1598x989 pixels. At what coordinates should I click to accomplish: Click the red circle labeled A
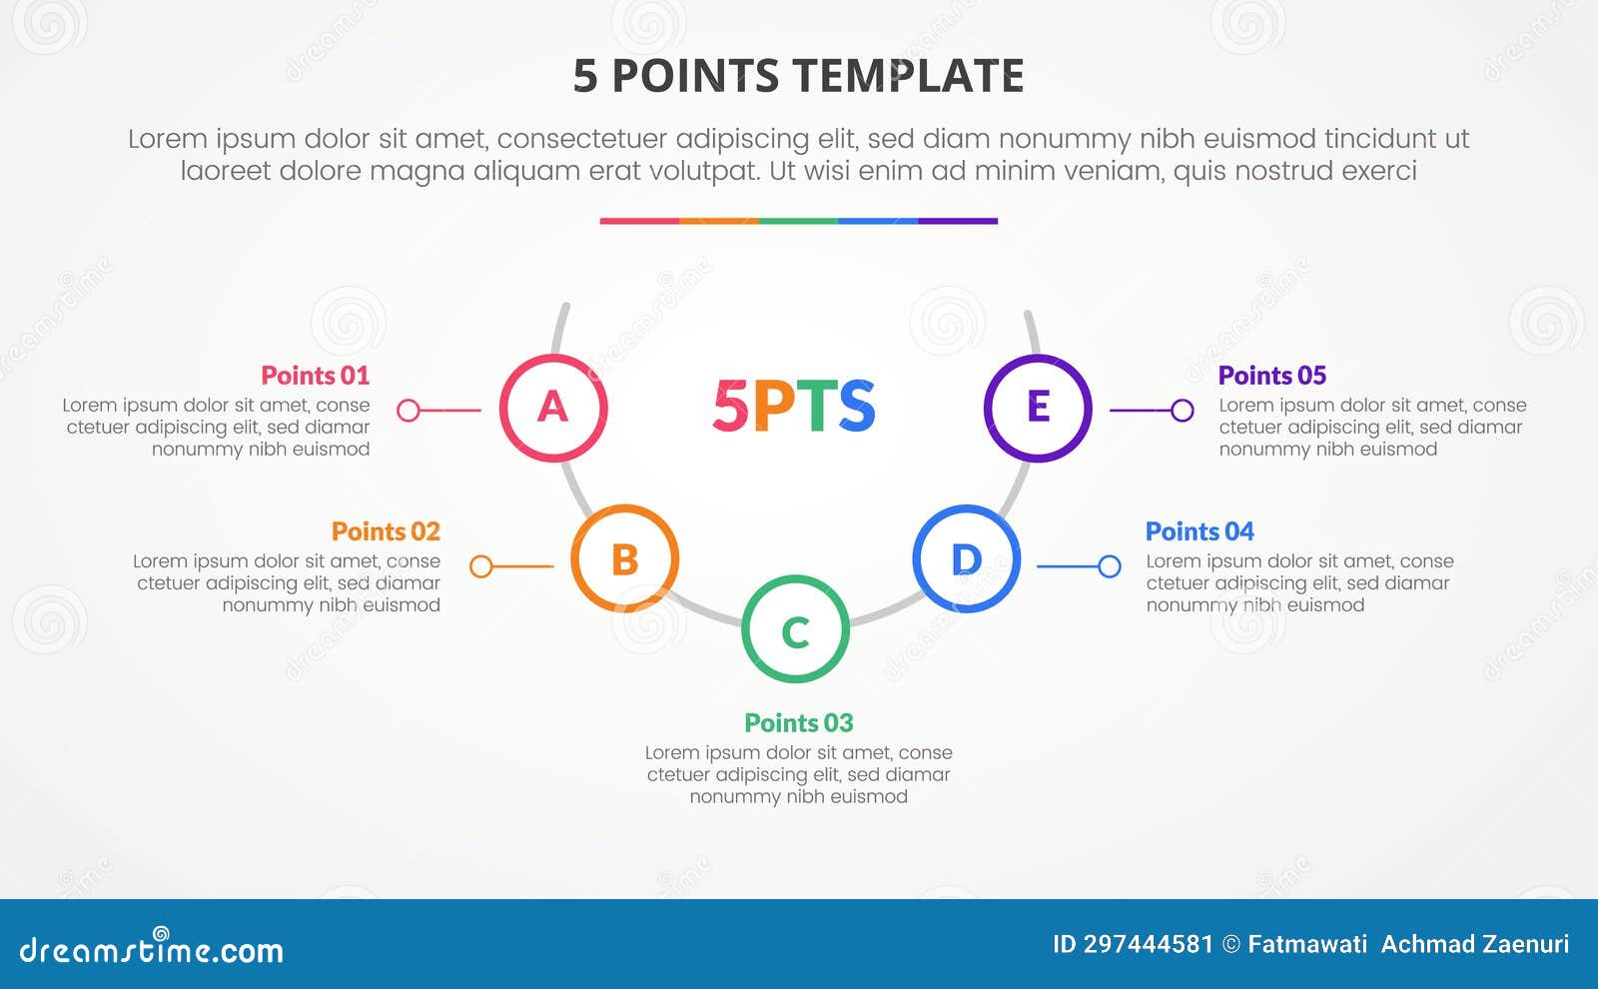[x=553, y=408]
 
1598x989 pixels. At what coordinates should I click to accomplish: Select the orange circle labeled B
[x=625, y=558]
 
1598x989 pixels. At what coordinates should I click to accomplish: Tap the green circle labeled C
[x=795, y=629]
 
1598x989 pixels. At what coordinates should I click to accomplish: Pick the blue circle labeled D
[x=966, y=558]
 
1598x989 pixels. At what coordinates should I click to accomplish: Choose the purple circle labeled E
[x=1038, y=408]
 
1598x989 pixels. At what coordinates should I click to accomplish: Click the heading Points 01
[x=315, y=376]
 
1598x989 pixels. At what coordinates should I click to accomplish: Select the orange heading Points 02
[x=386, y=531]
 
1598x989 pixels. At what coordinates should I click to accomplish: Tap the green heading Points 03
[x=799, y=722]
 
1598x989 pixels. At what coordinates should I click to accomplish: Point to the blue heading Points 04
[x=1199, y=531]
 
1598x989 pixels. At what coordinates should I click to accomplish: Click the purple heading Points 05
[x=1271, y=376]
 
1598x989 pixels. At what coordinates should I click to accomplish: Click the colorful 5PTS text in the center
[x=794, y=406]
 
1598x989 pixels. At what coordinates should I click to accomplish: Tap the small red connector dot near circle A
[x=408, y=410]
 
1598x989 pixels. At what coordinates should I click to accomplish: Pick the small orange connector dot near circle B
[x=480, y=566]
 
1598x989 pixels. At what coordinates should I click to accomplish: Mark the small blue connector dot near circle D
[x=1110, y=566]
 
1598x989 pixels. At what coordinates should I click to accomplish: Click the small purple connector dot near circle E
[x=1183, y=410]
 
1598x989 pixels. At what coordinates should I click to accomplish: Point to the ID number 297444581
[x=1148, y=944]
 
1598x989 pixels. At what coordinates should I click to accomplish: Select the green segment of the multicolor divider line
[x=798, y=221]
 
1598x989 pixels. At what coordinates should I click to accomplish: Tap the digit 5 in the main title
[x=585, y=76]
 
